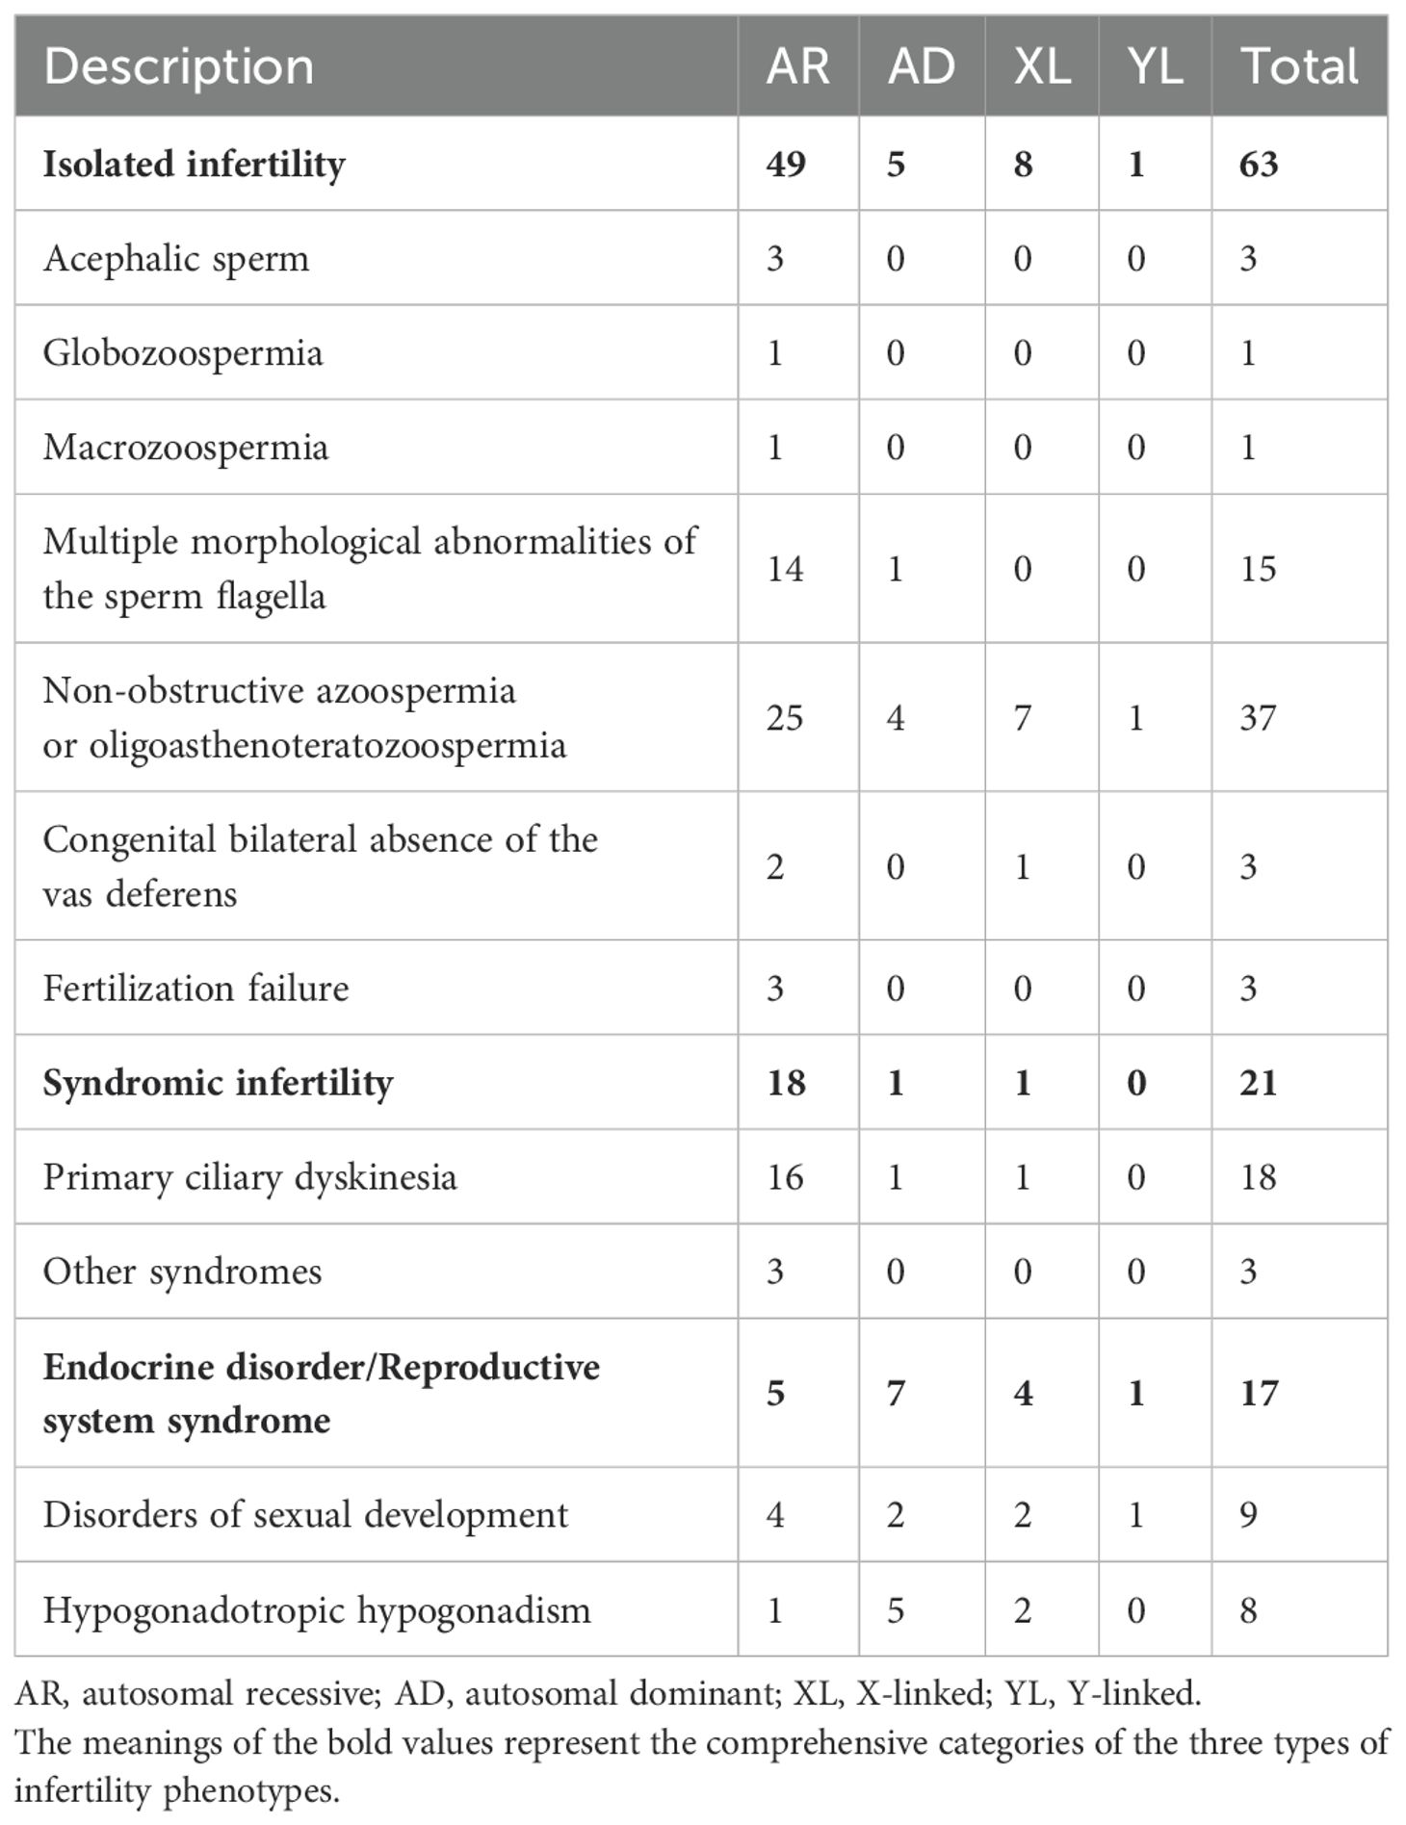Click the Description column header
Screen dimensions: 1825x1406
point(179,67)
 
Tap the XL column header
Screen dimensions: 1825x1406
point(1042,67)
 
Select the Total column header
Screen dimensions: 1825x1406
point(1300,67)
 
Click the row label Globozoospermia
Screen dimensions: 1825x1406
point(183,353)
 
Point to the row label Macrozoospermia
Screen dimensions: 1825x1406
point(186,448)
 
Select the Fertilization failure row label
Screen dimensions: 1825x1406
point(195,989)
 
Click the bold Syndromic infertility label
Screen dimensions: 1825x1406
point(218,1083)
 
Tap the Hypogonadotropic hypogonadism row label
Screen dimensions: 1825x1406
point(317,1610)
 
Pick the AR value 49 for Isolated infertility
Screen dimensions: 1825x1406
point(786,165)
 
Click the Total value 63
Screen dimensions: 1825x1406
point(1259,165)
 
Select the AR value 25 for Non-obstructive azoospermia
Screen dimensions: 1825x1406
point(785,718)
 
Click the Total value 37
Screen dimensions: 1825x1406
point(1258,718)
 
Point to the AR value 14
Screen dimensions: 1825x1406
point(785,569)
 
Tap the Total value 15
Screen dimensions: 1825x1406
point(1258,569)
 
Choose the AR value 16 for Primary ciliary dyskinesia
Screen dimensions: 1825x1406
point(785,1177)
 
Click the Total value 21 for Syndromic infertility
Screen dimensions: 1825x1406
point(1258,1083)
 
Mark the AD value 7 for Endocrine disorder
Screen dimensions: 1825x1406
point(896,1394)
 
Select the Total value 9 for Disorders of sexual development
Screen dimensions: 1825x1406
point(1248,1516)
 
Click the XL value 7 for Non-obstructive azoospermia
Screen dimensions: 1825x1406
point(1023,718)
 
